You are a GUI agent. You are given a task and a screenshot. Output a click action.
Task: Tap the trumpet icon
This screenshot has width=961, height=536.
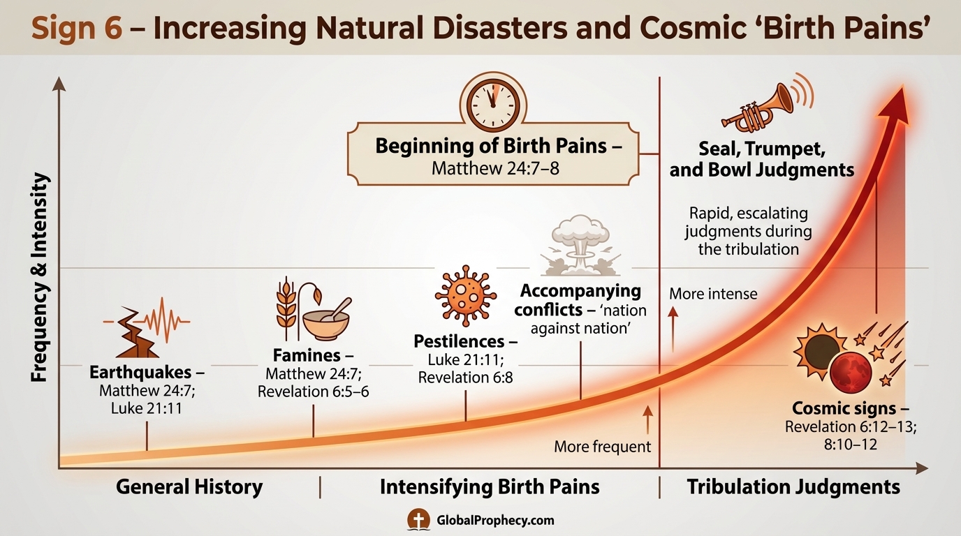coord(758,107)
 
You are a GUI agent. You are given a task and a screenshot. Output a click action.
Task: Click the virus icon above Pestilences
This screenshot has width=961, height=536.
coord(465,295)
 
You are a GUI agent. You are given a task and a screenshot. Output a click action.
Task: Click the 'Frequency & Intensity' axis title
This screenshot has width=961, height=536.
coord(41,278)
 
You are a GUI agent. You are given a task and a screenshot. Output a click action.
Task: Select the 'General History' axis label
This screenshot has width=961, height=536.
coord(189,486)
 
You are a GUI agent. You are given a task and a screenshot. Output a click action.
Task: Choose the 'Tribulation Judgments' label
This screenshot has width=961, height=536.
coord(793,486)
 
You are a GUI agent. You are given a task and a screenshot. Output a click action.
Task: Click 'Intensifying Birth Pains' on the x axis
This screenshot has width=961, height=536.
coord(490,486)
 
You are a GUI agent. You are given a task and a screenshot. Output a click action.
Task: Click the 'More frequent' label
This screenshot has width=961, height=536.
coord(602,446)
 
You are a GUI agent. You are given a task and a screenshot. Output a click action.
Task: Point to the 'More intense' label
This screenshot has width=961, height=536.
coord(712,294)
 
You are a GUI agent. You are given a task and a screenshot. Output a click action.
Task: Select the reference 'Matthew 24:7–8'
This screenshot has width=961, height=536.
coord(497,169)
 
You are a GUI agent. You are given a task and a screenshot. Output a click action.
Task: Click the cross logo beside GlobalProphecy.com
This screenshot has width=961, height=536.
coord(419,520)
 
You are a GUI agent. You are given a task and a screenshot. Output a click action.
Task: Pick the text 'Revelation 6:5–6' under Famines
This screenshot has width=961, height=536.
coord(313,392)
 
